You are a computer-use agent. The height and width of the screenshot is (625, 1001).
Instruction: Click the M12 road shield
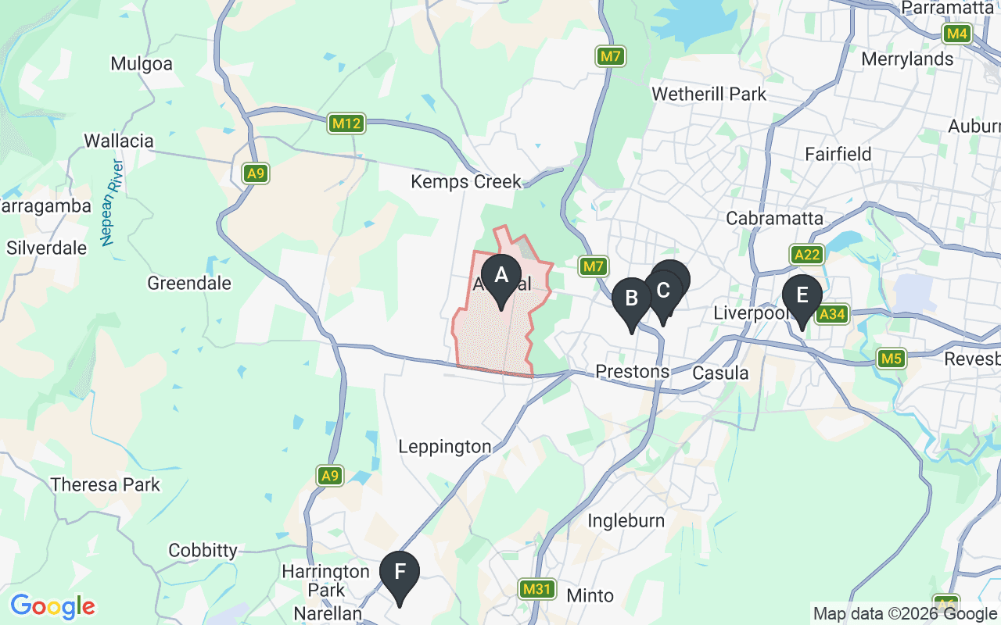pyautogui.click(x=346, y=123)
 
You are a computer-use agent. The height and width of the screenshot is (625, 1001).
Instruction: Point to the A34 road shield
pyautogui.click(x=831, y=314)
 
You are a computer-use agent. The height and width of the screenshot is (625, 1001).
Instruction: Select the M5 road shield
pyautogui.click(x=891, y=359)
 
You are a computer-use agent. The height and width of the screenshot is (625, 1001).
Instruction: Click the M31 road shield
pyautogui.click(x=537, y=589)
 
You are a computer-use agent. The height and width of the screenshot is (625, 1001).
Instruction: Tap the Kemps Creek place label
pyautogui.click(x=466, y=182)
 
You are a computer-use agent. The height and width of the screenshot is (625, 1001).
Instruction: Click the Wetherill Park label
pyautogui.click(x=709, y=94)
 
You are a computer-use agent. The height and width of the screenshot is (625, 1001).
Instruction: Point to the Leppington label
pyautogui.click(x=444, y=447)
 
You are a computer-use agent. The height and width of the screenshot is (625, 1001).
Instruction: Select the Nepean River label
pyautogui.click(x=113, y=202)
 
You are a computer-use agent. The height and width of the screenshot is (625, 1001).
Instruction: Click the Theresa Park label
pyautogui.click(x=105, y=484)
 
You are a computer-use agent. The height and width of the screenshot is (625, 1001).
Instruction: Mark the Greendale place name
pyautogui.click(x=189, y=283)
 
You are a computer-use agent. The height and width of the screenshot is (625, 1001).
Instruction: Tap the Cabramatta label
pyautogui.click(x=774, y=218)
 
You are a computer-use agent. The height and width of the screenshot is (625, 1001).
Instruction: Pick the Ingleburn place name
pyautogui.click(x=626, y=520)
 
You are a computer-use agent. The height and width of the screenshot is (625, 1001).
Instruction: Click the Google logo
pyautogui.click(x=52, y=605)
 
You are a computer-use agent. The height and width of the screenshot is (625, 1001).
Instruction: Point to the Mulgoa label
pyautogui.click(x=142, y=64)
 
